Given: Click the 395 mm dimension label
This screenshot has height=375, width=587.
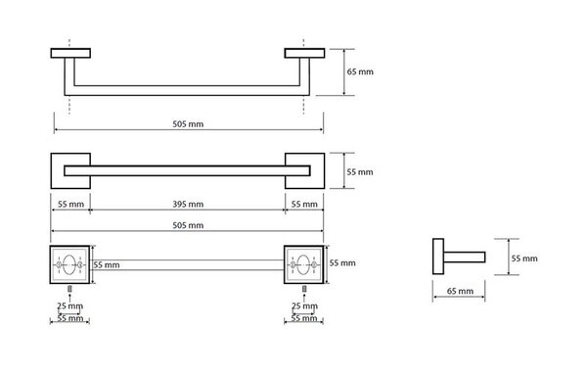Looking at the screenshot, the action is click(188, 205).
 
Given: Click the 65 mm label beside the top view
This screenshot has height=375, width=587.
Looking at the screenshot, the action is click(360, 71).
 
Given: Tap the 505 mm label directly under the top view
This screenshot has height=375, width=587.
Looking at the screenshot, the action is click(188, 124).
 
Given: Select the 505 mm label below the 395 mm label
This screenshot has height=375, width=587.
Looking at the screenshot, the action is click(188, 225).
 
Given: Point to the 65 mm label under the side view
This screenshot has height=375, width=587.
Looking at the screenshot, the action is click(460, 291).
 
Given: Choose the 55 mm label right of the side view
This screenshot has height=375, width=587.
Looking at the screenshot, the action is click(524, 258).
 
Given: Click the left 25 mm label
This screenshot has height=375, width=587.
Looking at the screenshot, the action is click(70, 306).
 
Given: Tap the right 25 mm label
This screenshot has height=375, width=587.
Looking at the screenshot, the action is click(304, 306).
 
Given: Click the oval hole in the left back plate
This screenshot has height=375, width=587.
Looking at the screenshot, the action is click(69, 265).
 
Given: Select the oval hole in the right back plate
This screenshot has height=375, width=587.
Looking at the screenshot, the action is click(303, 265).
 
